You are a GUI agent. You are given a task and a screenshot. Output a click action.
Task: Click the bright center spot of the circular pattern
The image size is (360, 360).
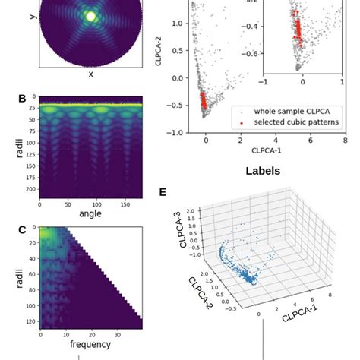91,15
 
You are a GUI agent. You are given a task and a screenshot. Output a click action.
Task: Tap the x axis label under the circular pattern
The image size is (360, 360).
91,74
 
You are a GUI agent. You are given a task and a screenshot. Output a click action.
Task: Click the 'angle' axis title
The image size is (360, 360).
90,214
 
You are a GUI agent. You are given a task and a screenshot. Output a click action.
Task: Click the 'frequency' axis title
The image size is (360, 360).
90,344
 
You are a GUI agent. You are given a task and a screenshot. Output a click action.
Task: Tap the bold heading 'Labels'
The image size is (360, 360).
263,172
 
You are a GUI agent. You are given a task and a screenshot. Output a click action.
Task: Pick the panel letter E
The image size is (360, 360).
163,192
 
